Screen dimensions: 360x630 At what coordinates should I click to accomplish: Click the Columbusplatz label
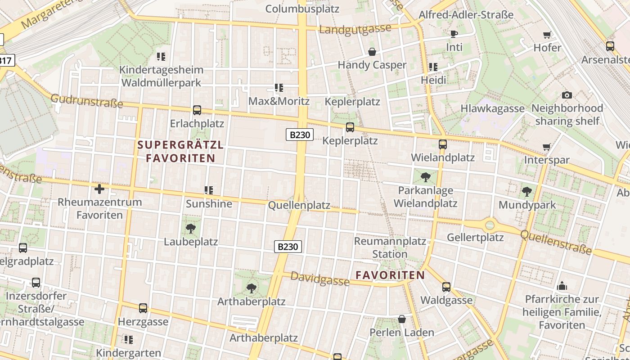click(x=302, y=9)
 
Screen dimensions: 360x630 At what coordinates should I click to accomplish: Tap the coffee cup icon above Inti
click(x=454, y=34)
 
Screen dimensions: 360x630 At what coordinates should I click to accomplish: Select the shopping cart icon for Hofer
click(x=547, y=35)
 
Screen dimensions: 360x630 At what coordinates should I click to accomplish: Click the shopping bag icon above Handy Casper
click(x=372, y=52)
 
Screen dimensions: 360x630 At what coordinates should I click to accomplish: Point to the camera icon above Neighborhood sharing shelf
click(x=567, y=95)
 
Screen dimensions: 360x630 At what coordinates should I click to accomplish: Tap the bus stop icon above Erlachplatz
click(x=197, y=110)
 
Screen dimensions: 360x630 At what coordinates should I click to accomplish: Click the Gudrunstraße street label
click(x=86, y=101)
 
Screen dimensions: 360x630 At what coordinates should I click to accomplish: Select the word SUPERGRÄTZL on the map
click(x=180, y=145)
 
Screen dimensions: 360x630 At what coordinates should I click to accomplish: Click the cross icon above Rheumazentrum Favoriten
click(x=99, y=189)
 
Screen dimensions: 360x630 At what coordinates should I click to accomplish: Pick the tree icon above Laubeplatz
click(x=191, y=228)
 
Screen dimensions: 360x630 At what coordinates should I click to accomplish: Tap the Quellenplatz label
click(x=299, y=206)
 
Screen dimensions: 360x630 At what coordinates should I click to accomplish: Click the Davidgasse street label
click(x=319, y=279)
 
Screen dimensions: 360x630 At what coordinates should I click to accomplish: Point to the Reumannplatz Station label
click(x=390, y=247)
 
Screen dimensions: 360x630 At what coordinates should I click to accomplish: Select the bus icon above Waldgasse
click(x=446, y=287)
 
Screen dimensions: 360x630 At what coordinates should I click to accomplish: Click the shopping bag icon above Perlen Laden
click(x=402, y=319)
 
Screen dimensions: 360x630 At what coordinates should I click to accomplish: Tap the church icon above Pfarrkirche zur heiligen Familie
click(x=562, y=286)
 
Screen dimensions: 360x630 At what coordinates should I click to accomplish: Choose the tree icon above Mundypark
click(x=527, y=192)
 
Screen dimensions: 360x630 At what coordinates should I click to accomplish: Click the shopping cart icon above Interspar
click(x=547, y=147)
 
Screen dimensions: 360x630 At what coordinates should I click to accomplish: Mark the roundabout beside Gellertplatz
click(x=490, y=225)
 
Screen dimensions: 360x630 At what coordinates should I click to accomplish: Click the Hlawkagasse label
click(x=492, y=108)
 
